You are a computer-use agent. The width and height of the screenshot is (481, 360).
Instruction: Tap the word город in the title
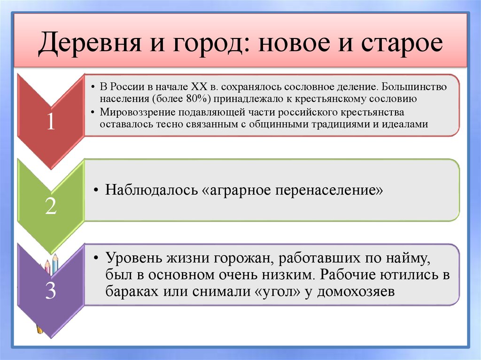pos(202,45)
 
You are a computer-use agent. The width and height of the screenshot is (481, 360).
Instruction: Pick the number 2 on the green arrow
pos(50,207)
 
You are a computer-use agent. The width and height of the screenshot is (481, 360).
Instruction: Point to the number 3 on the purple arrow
pos(50,292)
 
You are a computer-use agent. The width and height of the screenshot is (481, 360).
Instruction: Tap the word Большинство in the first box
pos(414,88)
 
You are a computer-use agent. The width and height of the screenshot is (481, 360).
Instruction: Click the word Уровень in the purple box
pos(134,258)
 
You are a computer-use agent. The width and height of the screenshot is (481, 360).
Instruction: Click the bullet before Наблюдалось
pos(96,191)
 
